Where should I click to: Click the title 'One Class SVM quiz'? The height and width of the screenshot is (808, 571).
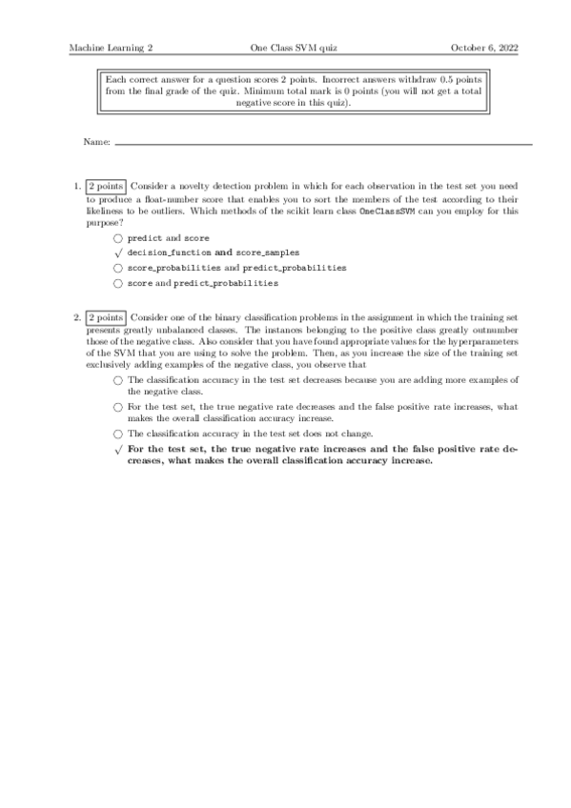coord(285,47)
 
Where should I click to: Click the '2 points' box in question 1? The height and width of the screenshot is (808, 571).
coord(105,187)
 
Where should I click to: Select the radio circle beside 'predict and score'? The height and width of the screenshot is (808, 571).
coord(117,237)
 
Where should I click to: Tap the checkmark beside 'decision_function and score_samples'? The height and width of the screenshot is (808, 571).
coord(117,252)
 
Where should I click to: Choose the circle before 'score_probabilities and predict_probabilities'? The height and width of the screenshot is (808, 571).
coord(117,268)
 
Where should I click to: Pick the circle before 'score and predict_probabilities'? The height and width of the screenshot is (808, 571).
coord(117,283)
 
